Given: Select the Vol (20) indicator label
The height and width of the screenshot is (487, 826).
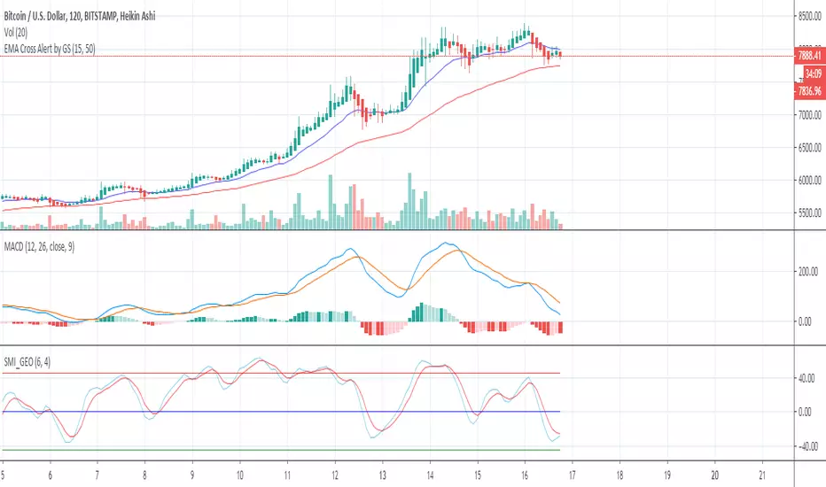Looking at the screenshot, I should pyautogui.click(x=21, y=29).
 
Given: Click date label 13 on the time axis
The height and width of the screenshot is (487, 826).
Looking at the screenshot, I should pyautogui.click(x=382, y=474).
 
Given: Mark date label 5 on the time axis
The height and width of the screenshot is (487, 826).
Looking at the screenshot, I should pyautogui.click(x=4, y=474).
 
